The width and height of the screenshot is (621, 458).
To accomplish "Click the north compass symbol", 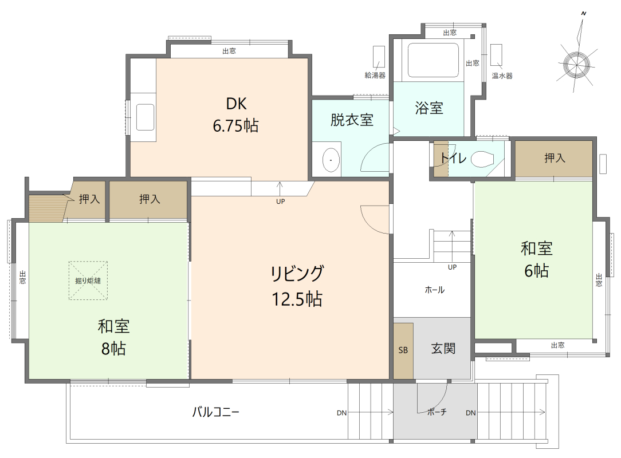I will coord(576,63).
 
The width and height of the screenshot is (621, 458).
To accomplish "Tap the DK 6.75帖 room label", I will coord(235,114).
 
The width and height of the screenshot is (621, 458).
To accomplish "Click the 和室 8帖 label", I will coord(113,337).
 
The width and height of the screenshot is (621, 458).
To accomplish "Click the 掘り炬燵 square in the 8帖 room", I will coord(88,281).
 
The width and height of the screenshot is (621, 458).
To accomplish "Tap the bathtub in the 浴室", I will coord(433,60).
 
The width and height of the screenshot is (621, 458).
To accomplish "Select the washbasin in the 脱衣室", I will coord(330,161).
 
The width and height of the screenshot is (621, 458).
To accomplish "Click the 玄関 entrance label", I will coord(443,348).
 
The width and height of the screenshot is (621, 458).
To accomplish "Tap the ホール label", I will coord(434,290).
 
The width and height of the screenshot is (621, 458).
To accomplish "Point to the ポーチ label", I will coord(437,412).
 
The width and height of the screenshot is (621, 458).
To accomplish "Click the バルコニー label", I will coord(215,412).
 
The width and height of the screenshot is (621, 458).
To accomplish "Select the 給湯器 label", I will coord(375,75).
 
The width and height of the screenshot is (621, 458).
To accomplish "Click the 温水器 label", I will coord(502,75).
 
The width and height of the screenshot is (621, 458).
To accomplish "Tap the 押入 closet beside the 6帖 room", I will coord(554,159).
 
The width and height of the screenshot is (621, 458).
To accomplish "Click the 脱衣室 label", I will coord(352,120).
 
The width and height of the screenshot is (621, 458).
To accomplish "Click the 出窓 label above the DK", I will coord(229,51).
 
